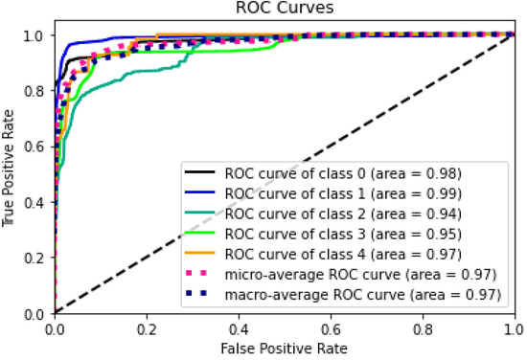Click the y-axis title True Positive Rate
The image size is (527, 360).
tap(11, 172)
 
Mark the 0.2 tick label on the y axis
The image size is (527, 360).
tap(36, 258)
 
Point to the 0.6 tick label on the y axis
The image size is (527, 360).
tap(36, 146)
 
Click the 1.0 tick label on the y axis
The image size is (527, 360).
tap(36, 35)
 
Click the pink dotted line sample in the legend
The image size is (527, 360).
tap(203, 275)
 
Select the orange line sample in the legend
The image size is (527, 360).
tap(203, 255)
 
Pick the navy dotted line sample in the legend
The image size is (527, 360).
tap(203, 295)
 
